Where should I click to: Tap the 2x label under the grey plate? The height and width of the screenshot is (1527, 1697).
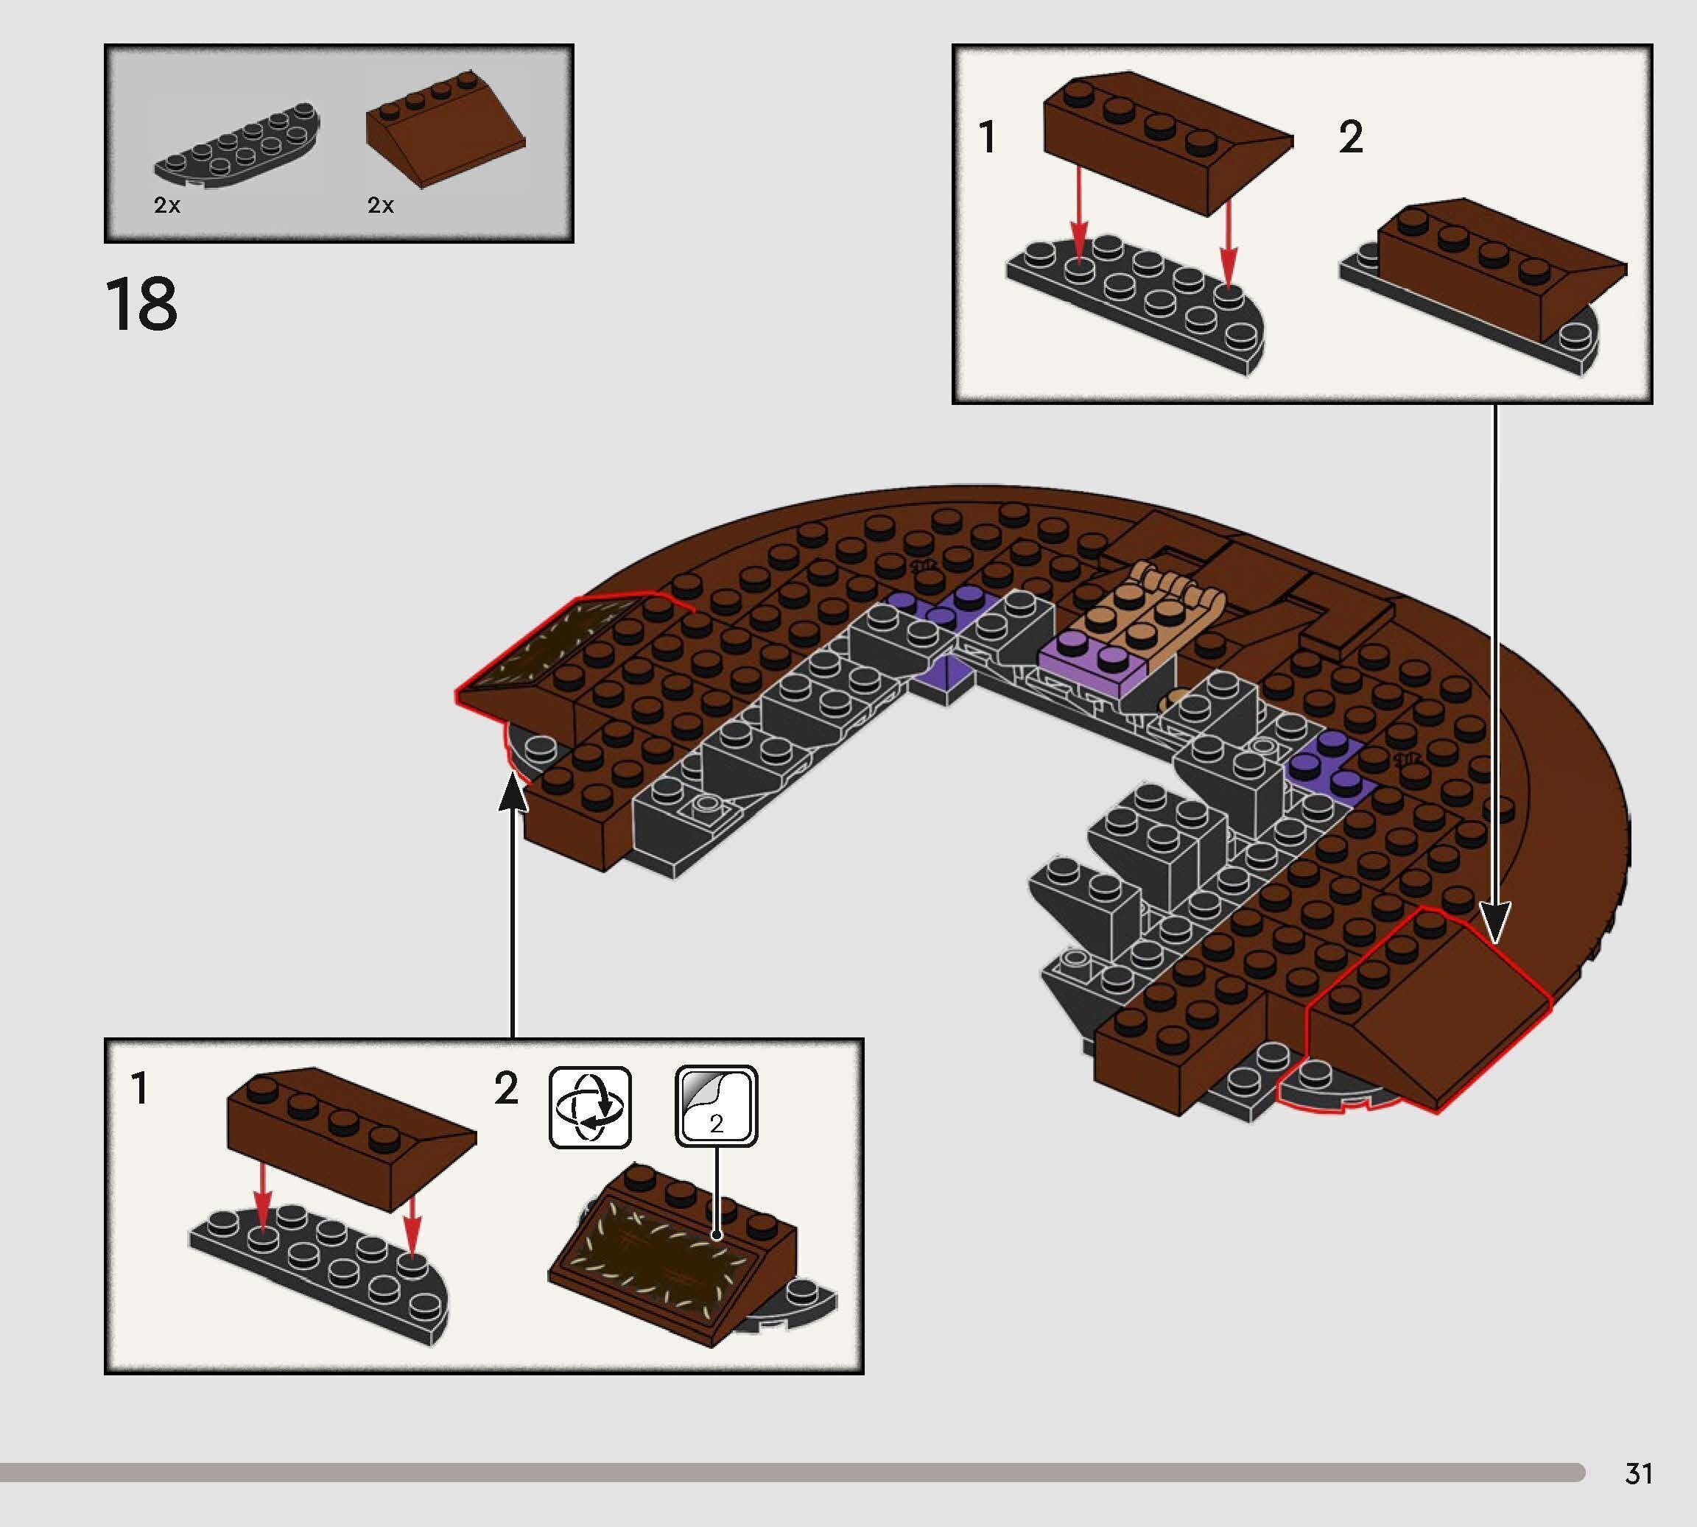(167, 205)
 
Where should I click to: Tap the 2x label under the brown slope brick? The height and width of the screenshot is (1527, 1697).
(380, 205)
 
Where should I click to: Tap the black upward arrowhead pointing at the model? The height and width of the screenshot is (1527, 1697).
(513, 793)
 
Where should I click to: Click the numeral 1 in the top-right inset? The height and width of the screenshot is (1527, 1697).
(988, 137)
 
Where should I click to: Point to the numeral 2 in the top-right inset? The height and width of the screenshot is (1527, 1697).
(1350, 137)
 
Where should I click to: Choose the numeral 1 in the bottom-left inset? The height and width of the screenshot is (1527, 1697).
(140, 1089)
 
